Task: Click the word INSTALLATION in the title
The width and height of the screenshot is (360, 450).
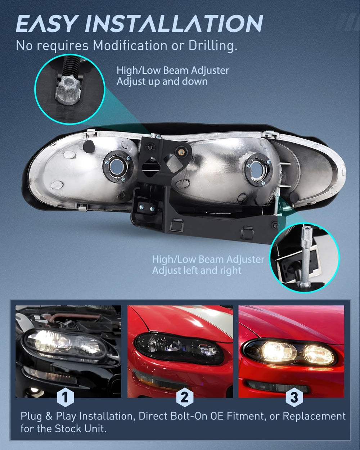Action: [174, 23]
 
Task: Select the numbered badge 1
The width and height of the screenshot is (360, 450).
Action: [66, 397]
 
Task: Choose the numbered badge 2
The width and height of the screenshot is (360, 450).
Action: [185, 397]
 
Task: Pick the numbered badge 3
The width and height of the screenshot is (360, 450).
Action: [294, 397]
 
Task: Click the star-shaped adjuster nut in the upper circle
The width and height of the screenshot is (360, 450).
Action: [67, 90]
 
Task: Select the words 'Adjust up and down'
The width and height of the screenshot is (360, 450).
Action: [162, 82]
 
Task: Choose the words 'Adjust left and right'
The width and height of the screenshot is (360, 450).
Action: [197, 271]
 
